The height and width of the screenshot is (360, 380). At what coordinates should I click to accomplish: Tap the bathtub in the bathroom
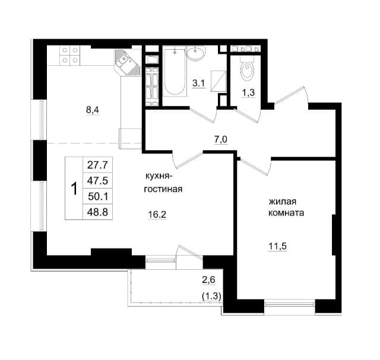pos(176,72)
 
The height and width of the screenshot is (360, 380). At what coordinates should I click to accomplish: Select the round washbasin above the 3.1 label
pos(197,53)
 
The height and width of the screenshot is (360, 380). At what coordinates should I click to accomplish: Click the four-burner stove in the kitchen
pos(70,55)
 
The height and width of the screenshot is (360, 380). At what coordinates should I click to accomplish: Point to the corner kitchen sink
pos(128,63)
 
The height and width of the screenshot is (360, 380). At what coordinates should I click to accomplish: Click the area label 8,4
pos(93,110)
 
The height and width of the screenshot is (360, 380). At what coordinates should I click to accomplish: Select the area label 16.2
pos(157,214)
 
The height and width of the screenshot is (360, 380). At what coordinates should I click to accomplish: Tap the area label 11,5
pos(277,247)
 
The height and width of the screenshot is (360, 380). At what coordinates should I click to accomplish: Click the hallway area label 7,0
pos(220,140)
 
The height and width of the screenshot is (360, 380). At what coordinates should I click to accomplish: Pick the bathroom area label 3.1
pos(199,84)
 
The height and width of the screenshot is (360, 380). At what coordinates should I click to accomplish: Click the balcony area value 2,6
pos(208,280)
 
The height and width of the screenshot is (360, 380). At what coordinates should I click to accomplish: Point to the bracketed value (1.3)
pos(211,296)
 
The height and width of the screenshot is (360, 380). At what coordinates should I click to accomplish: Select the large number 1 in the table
pos(74,189)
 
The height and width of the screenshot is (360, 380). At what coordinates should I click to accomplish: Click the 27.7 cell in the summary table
pos(97,165)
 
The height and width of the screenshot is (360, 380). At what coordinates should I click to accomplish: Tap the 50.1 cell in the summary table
pos(97,196)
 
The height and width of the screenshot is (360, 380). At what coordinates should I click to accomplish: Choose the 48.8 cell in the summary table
pos(97,212)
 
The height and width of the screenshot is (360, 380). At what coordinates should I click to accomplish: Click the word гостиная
pos(163,189)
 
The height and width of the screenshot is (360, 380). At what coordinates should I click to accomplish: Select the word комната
pos(286,213)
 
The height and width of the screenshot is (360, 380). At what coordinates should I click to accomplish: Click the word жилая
pos(283,202)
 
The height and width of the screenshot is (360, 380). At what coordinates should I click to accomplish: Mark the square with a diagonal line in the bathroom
pos(218,81)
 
